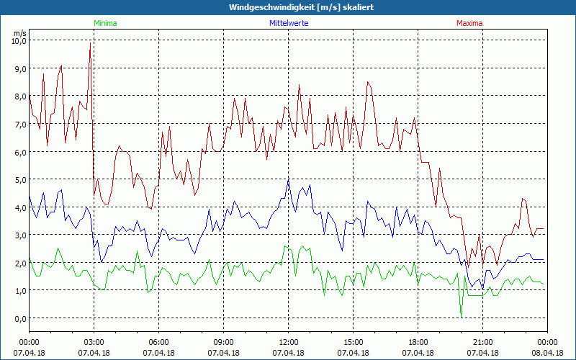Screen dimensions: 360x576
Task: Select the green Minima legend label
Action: [105, 23]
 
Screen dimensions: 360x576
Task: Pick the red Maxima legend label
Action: [469, 23]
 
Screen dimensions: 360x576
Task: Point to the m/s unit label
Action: [19, 33]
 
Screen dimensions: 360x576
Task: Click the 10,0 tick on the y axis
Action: [18, 41]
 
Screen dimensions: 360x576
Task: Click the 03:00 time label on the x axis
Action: [94, 341]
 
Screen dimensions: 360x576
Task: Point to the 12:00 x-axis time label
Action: [288, 341]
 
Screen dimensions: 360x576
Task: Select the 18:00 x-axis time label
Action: [418, 341]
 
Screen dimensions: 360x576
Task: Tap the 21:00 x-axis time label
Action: [482, 341]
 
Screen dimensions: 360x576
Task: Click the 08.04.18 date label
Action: [547, 353]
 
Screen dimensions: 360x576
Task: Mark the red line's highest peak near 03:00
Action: [90, 43]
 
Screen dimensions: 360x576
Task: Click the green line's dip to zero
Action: [461, 317]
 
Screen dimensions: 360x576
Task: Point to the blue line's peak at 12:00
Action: [288, 180]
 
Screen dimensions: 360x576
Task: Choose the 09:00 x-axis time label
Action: [223, 341]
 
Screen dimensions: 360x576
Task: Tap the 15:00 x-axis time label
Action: [353, 341]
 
